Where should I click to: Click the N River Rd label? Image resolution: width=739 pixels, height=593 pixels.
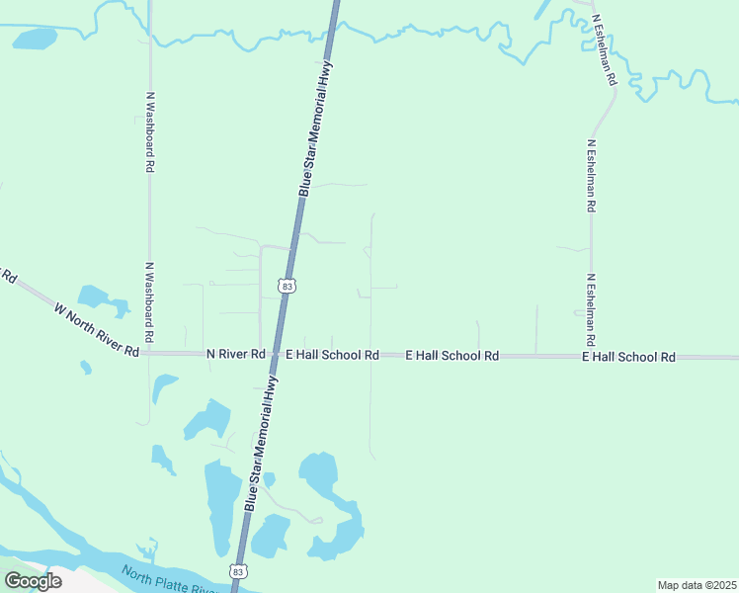coord(235,354)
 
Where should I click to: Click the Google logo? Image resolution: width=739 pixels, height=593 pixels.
coord(34,581)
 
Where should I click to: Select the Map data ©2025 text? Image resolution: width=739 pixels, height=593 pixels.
coord(697,585)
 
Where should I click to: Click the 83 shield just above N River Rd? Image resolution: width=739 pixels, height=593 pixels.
coord(287,286)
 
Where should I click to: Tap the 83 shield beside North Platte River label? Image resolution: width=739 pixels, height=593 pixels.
coord(238,571)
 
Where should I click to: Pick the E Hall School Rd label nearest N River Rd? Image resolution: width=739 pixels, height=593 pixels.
coord(332,355)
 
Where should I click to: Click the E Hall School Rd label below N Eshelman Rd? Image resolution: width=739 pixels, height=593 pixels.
coord(628,357)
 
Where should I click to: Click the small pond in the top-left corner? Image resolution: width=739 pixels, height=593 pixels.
coord(36,39)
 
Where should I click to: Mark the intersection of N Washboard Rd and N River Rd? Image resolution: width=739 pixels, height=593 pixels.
coord(149,353)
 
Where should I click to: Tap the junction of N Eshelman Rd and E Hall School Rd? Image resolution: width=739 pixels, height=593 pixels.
coord(591,356)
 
